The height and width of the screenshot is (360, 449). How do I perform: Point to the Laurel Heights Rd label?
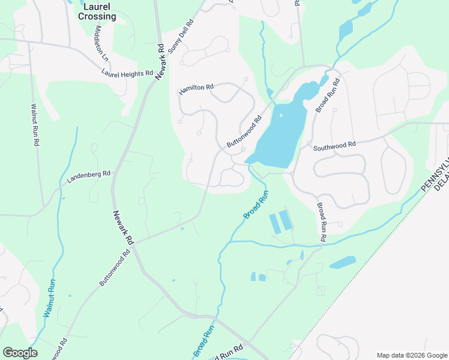pos(127,73)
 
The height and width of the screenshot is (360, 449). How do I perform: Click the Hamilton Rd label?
pos(196,89)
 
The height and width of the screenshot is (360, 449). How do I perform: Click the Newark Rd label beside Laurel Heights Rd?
pos(160,62)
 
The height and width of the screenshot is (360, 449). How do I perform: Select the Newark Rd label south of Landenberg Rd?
pos(122,227)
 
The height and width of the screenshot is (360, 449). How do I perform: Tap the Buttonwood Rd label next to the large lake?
pos(245,132)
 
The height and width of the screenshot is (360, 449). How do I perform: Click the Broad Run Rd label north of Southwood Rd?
pos(328,95)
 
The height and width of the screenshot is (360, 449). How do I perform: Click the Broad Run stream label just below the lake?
pos(256,204)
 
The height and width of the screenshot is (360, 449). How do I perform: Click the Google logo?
pos(20,353)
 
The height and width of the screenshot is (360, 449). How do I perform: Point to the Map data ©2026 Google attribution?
pos(411,355)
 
